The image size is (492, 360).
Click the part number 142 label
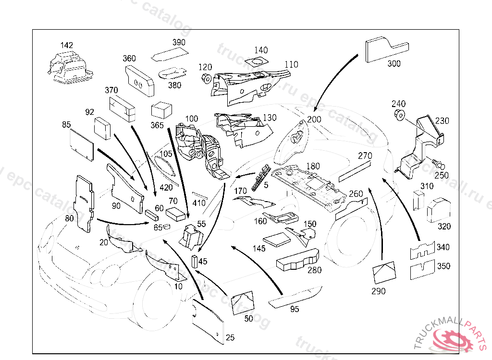(x=67, y=46)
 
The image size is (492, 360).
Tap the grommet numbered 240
(x=398, y=115)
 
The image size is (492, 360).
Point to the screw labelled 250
(x=437, y=163)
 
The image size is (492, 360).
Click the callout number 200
(x=314, y=120)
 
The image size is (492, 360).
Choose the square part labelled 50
(x=243, y=303)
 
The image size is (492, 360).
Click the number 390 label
(x=179, y=43)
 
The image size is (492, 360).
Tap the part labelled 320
(x=438, y=210)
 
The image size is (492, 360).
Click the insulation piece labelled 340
(x=422, y=250)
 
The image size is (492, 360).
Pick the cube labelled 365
(x=161, y=111)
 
